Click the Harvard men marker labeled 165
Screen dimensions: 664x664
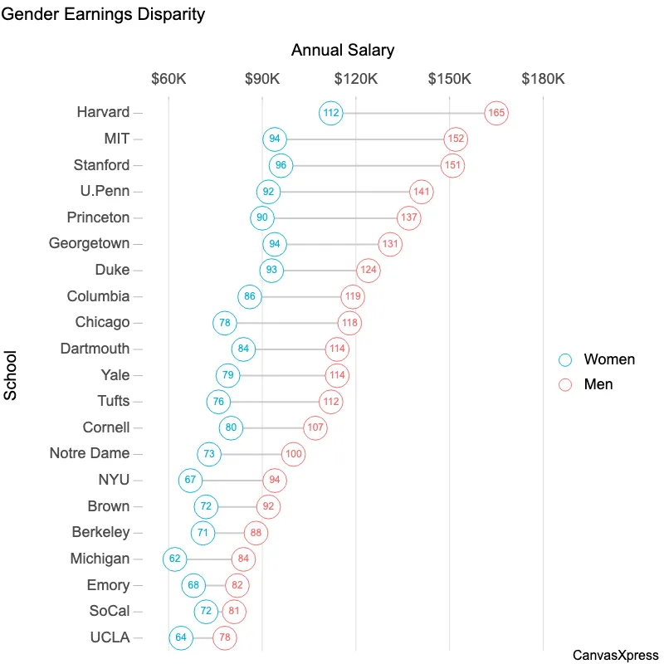pyautogui.click(x=496, y=113)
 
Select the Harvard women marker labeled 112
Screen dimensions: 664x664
pyautogui.click(x=331, y=113)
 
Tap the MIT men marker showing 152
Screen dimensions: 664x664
pyautogui.click(x=456, y=139)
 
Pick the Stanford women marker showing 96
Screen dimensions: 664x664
pyautogui.click(x=281, y=165)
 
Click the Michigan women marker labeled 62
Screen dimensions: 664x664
pyautogui.click(x=175, y=559)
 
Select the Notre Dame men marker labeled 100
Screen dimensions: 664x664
pyautogui.click(x=293, y=454)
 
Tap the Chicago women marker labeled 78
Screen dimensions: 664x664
pyautogui.click(x=225, y=323)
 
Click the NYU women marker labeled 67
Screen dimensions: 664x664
pyautogui.click(x=191, y=480)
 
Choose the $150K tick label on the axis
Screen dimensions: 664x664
pyautogui.click(x=449, y=79)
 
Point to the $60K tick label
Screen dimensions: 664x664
pyautogui.click(x=168, y=79)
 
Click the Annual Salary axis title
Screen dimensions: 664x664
pyautogui.click(x=343, y=50)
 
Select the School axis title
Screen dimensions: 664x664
pyautogui.click(x=11, y=375)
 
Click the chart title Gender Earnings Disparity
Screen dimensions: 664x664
pyautogui.click(x=102, y=15)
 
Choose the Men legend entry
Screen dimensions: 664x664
pyautogui.click(x=598, y=384)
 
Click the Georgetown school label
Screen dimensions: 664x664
pyautogui.click(x=89, y=244)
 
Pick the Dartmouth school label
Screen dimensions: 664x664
pyautogui.click(x=95, y=349)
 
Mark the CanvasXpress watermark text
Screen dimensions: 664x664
pyautogui.click(x=615, y=655)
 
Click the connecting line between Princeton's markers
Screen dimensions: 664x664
pyautogui.click(x=335, y=218)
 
